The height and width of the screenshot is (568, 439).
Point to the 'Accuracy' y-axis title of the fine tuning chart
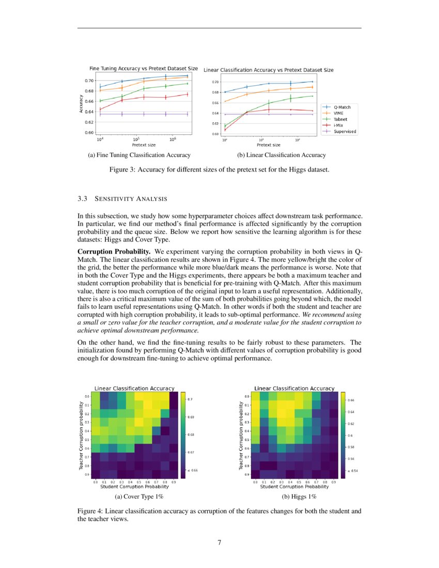point(82,103)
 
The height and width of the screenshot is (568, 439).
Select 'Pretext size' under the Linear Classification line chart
point(269,145)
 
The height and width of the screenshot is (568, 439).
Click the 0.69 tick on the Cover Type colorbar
point(191,417)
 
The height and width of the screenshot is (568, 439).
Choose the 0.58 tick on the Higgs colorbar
point(351,446)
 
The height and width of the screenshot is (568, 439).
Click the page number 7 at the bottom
point(219,542)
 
